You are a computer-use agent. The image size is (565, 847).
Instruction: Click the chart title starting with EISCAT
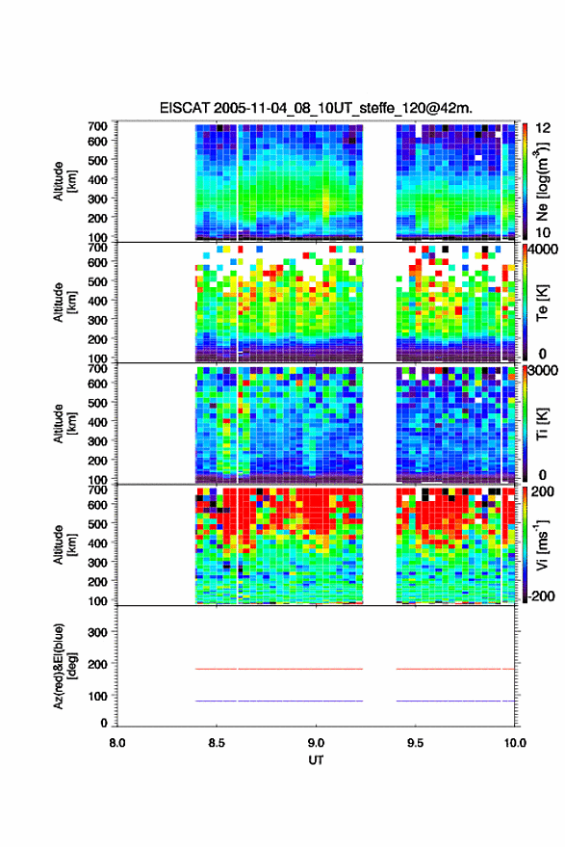tap(316, 108)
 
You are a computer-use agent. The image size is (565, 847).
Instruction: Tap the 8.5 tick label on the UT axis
tap(217, 743)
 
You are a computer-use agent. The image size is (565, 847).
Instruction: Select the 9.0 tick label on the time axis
tap(316, 743)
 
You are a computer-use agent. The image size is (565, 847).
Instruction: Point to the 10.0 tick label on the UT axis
tap(515, 743)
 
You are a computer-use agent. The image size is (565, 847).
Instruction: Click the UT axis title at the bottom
tap(316, 760)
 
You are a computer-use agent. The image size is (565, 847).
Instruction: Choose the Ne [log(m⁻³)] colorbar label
tap(542, 181)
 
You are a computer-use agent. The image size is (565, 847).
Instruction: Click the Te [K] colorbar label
tap(542, 303)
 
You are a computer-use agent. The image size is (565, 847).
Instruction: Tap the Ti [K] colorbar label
tap(542, 424)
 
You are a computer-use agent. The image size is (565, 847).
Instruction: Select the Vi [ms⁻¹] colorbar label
tap(542, 544)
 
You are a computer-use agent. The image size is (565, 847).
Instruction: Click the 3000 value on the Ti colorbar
tap(543, 371)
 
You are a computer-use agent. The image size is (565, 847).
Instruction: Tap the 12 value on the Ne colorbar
tap(543, 128)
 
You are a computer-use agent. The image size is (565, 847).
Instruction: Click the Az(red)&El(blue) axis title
tap(64, 666)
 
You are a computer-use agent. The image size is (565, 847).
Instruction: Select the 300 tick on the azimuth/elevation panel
tap(97, 632)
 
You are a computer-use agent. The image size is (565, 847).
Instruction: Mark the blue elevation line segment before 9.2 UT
tap(279, 701)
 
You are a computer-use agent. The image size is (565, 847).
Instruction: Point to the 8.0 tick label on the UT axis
tap(117, 743)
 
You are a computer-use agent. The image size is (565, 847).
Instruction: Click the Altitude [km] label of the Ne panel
tap(64, 181)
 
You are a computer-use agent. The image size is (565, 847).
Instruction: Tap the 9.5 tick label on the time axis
tap(415, 743)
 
